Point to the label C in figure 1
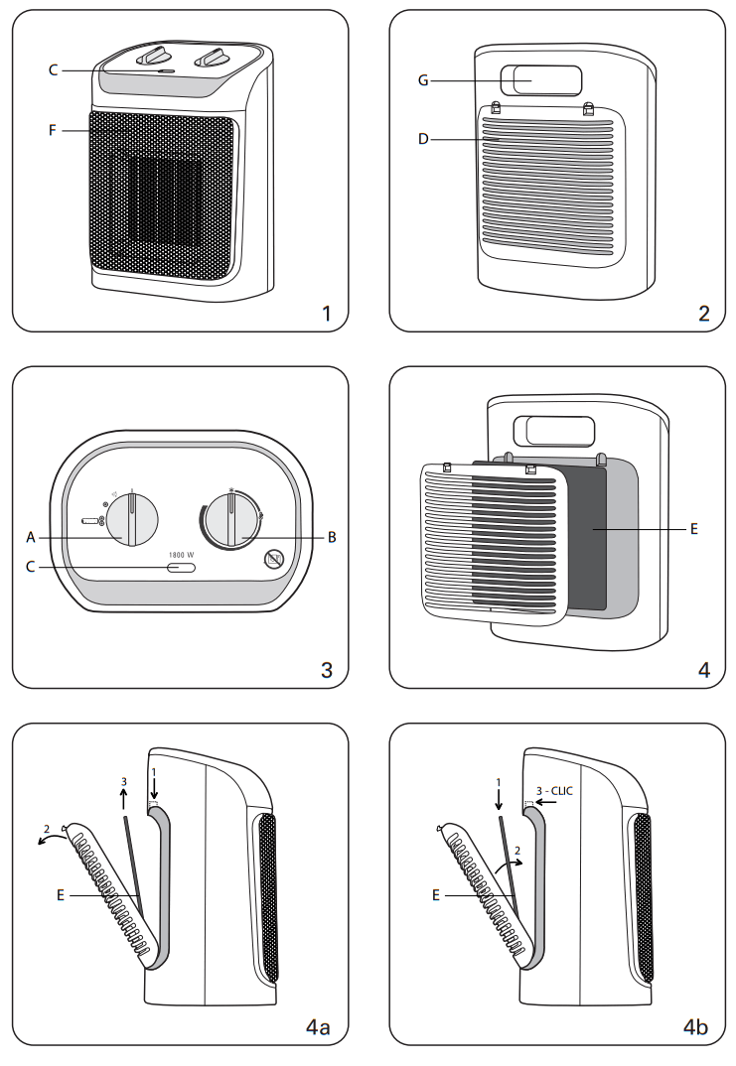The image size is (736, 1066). pos(54,69)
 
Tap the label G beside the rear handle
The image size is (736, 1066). pos(422,80)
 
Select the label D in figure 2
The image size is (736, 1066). pos(423,140)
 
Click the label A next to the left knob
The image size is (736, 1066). pos(31,537)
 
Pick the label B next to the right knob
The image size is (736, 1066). pos(332,537)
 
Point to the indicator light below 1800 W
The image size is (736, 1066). pos(181,569)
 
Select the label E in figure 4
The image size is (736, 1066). pos(694,530)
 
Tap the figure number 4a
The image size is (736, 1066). pos(317,1027)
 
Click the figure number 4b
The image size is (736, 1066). pos(695,1027)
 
